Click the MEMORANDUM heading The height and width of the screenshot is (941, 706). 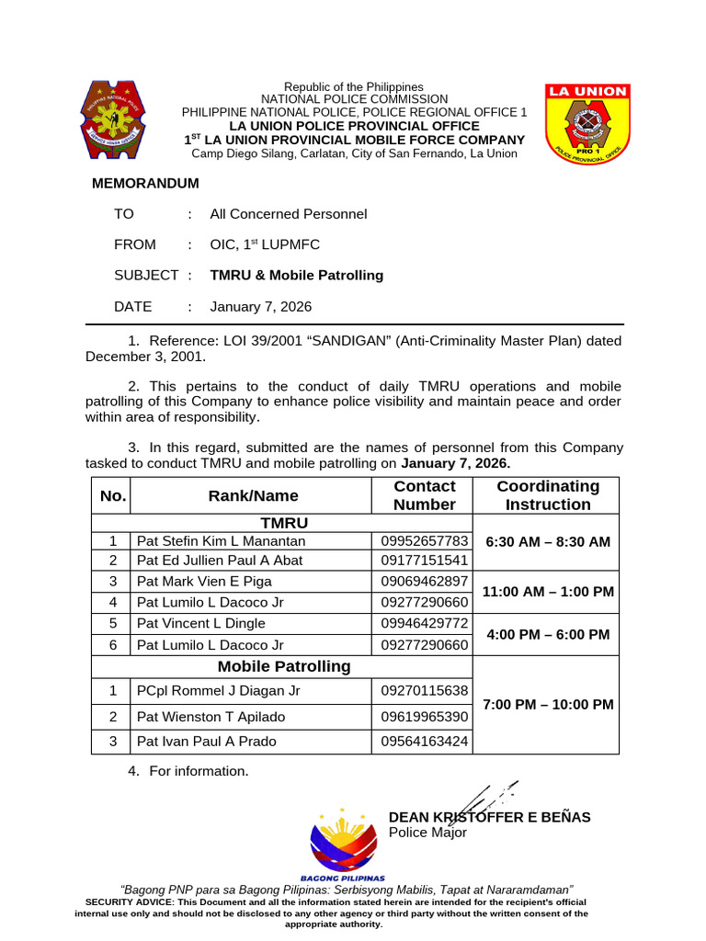point(145,183)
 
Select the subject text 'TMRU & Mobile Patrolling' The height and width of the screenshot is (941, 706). point(296,275)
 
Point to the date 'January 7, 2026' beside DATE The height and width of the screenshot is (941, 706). point(261,306)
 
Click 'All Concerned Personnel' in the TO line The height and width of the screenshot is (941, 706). point(288,213)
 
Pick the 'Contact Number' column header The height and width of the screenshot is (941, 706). point(424,495)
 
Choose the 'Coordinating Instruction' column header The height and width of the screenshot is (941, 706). point(547,495)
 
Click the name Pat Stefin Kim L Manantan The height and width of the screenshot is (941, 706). point(221,541)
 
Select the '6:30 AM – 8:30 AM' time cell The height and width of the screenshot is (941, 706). point(547,541)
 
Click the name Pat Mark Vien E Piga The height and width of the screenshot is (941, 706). point(204,581)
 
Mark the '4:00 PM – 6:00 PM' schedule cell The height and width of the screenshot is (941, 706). point(547,635)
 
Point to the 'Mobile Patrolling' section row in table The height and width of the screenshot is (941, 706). point(283,666)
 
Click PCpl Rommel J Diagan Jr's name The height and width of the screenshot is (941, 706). point(218,690)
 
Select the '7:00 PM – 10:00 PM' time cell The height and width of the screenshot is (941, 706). point(547,704)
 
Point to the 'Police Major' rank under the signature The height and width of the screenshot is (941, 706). point(427,833)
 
